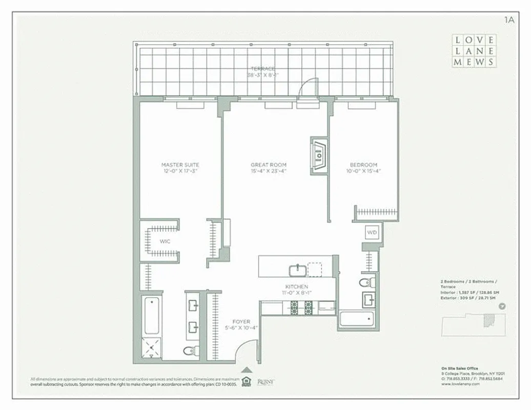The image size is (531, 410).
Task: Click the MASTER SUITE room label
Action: (x=180, y=165)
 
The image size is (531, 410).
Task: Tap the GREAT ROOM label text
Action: (x=268, y=165)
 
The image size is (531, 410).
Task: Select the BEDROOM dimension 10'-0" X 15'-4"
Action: (x=363, y=171)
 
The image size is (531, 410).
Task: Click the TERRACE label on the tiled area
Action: (x=263, y=69)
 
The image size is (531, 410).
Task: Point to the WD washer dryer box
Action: (x=372, y=232)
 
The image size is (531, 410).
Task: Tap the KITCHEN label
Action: (x=296, y=286)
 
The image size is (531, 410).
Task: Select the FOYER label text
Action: (x=240, y=322)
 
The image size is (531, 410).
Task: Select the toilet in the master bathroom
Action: (x=190, y=350)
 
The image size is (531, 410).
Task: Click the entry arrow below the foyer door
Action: (x=247, y=370)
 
